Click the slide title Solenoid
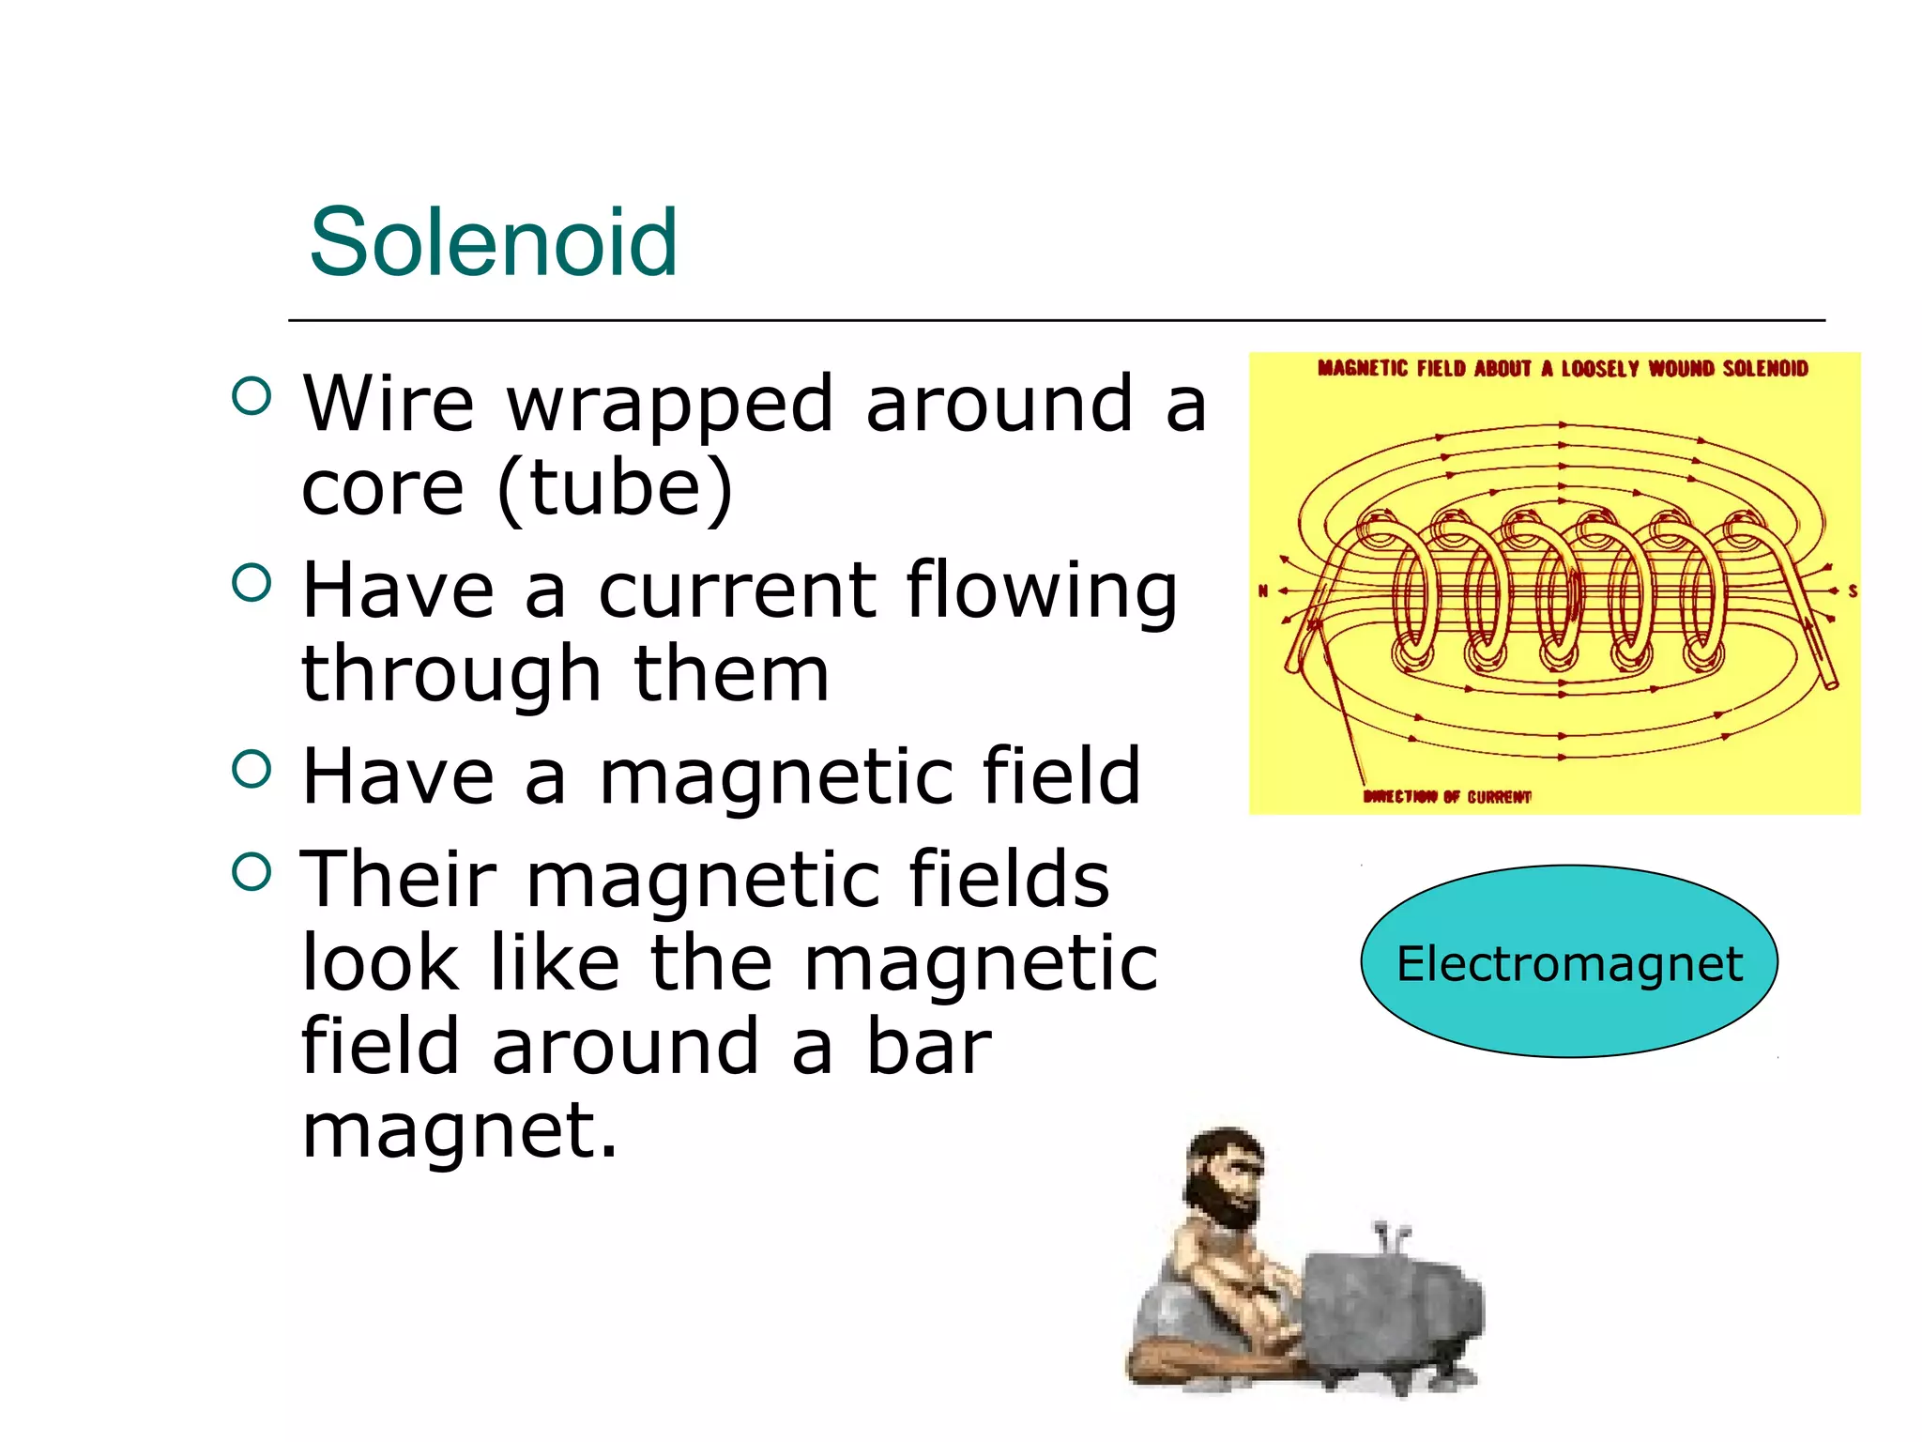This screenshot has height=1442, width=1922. pos(493,242)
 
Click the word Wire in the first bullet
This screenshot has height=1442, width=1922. pos(388,404)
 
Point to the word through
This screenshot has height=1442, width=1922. pos(450,674)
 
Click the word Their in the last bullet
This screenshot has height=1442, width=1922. pos(398,879)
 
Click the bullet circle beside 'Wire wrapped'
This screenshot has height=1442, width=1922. pos(251,396)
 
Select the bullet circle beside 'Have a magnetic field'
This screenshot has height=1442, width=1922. pos(251,769)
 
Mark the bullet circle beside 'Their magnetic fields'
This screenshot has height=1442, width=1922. pos(251,871)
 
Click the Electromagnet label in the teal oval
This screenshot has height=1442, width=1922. pos(1569,963)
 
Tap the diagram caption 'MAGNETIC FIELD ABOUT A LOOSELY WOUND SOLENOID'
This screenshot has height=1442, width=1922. pos(1563,368)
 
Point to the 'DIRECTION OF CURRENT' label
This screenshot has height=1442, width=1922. pos(1447,797)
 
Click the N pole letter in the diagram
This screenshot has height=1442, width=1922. pos(1263,591)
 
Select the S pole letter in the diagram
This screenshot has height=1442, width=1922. pos(1853,591)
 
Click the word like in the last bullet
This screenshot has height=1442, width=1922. pos(554,963)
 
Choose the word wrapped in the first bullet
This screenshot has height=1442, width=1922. pos(669,406)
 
